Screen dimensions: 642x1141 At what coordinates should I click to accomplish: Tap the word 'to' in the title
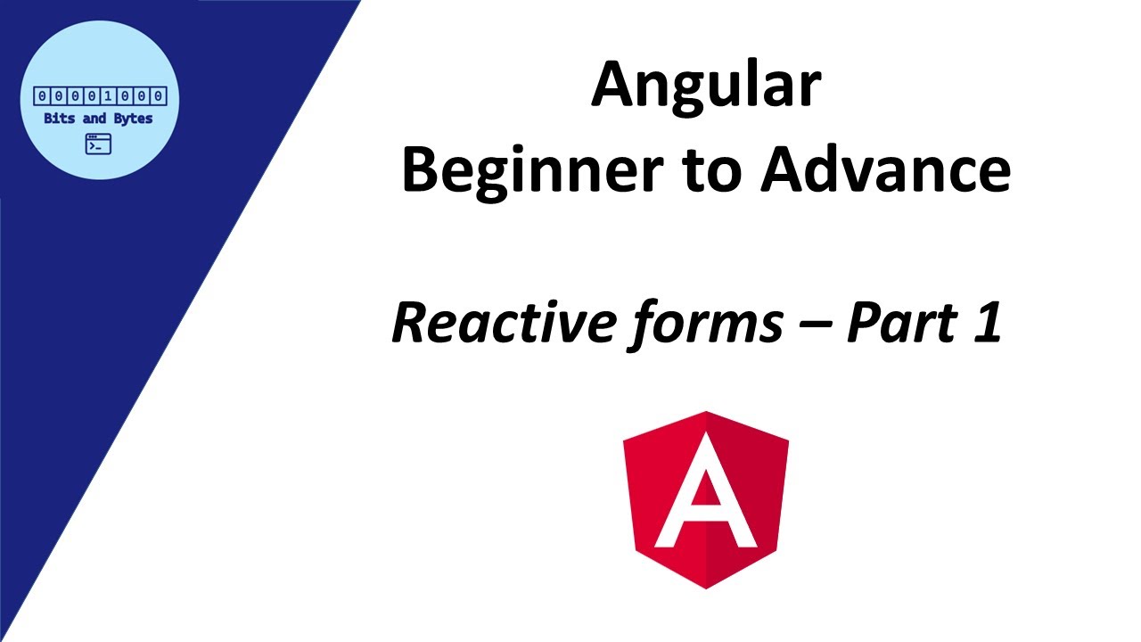point(710,173)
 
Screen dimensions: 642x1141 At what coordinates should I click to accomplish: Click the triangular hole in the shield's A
point(705,491)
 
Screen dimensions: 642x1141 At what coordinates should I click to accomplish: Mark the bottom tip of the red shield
point(706,587)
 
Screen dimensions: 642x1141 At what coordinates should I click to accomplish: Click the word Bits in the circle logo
point(60,119)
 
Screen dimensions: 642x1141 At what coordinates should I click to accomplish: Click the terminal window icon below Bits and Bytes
point(98,144)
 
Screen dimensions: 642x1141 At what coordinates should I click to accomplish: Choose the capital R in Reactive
point(412,323)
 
